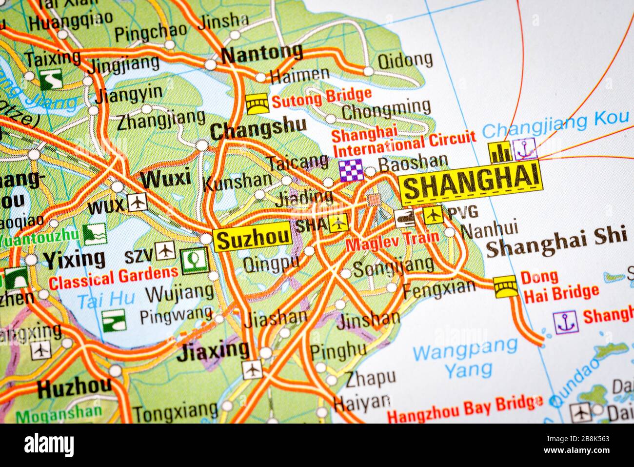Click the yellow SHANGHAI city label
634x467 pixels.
click(471, 183)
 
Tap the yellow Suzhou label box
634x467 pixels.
click(253, 240)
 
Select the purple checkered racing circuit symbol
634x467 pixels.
click(352, 170)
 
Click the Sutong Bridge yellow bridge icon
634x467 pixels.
click(257, 103)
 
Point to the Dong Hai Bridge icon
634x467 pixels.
click(506, 286)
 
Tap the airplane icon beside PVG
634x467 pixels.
click(433, 215)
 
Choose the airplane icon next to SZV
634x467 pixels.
click(166, 251)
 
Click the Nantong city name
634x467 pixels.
click(262, 53)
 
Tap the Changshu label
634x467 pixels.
click(258, 128)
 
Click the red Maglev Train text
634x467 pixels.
click(392, 241)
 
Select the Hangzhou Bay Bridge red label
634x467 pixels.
click(464, 409)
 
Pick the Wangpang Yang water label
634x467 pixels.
click(464, 358)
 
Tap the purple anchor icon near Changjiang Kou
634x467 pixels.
click(525, 149)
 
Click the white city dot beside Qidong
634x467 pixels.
click(368, 71)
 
